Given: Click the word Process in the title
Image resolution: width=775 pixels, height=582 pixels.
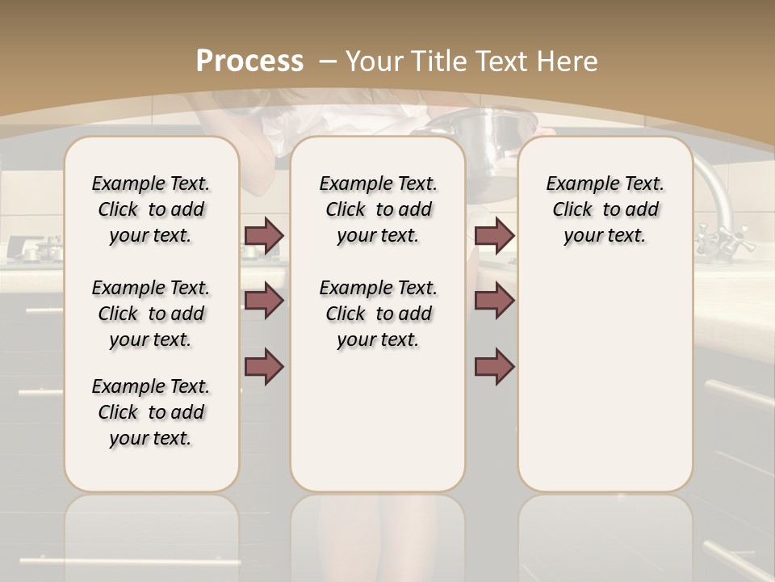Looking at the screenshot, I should point(250,61).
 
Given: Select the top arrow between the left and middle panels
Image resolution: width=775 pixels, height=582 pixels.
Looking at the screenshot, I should point(264,235).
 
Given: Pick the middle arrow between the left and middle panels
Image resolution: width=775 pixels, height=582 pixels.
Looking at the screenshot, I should point(264,301).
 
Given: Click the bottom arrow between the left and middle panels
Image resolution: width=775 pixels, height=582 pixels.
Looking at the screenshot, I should point(264,367).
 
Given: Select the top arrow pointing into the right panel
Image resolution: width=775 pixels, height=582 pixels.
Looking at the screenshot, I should point(495,235).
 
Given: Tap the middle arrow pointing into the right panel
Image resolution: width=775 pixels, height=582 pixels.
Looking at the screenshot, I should point(495,301).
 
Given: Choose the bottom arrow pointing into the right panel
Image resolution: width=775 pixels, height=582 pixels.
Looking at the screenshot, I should point(495,367).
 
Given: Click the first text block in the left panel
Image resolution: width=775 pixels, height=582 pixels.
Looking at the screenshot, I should point(151,209).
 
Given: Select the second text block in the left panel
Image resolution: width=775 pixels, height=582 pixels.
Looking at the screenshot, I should point(151,314).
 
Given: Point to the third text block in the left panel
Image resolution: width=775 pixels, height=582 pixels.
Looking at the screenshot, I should point(151,412).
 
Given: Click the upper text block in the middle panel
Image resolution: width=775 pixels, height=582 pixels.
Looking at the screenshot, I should point(378,209).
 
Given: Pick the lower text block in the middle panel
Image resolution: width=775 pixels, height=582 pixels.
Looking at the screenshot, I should point(378,314).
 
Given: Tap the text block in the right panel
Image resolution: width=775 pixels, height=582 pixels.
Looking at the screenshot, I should point(605,209).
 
